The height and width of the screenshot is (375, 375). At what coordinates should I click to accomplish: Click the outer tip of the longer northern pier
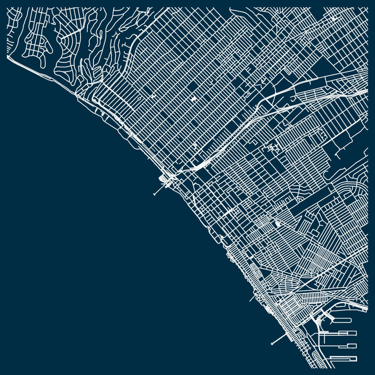(x=154, y=194)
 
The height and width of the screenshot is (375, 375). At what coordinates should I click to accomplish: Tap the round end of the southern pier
(x=272, y=344)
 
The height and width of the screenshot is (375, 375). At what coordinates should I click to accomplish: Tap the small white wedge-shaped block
(x=277, y=224)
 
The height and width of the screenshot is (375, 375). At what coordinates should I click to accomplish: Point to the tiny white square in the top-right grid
(x=334, y=19)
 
